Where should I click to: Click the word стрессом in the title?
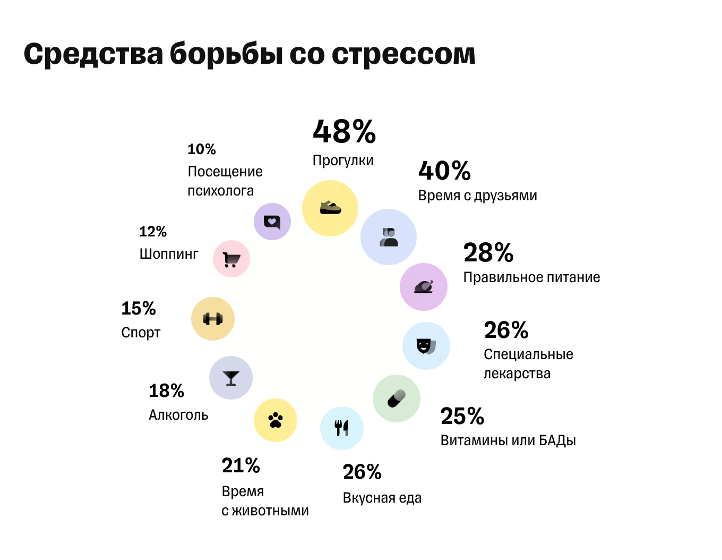(403, 55)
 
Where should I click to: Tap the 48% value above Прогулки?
(344, 132)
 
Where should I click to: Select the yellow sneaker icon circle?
(330, 208)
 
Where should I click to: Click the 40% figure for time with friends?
(444, 171)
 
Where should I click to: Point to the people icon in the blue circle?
(389, 237)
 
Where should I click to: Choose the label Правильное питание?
(531, 277)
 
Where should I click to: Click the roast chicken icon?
(424, 287)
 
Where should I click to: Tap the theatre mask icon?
(426, 346)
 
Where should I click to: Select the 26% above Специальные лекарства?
(506, 330)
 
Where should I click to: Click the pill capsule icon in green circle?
(397, 398)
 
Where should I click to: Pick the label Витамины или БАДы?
(508, 440)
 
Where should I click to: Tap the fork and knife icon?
(342, 428)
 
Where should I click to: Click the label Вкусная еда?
(382, 498)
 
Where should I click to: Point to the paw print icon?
(276, 420)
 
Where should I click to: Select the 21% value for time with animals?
(240, 466)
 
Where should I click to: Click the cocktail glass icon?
(231, 378)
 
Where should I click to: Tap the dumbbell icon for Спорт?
(213, 319)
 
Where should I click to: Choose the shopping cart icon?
(231, 259)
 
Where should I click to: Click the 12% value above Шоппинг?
(153, 232)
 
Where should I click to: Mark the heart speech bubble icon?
(272, 222)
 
